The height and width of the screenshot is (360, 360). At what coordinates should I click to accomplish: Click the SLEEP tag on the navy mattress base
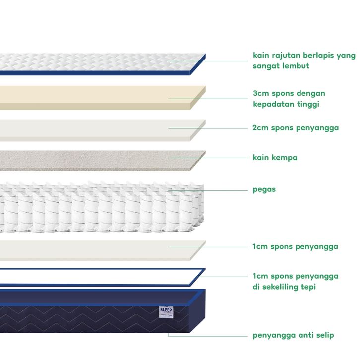tap(166, 312)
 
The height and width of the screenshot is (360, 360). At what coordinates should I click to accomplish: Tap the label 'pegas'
tap(264, 190)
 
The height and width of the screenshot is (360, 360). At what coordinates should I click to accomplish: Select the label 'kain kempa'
tap(275, 158)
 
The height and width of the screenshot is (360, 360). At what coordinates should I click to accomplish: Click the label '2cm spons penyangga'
tap(296, 128)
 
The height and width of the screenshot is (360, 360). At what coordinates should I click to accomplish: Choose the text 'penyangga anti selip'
tap(293, 335)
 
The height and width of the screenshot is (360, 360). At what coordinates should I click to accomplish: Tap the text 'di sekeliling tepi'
tap(284, 287)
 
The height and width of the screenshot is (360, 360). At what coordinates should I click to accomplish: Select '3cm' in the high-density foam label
tap(261, 93)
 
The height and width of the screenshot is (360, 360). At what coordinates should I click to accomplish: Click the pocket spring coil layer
tap(102, 207)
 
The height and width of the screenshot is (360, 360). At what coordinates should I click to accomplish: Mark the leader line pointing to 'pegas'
tap(208, 190)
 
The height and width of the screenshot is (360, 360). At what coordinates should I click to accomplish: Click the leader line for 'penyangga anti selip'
tap(208, 336)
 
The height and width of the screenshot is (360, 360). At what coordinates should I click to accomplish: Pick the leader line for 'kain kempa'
tap(208, 158)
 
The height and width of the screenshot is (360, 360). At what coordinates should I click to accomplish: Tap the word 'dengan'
tap(310, 94)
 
